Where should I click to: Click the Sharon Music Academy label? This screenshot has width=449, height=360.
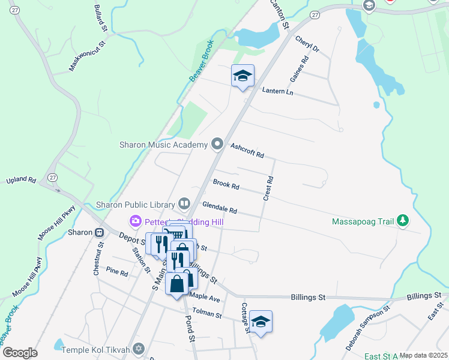[x=163, y=145]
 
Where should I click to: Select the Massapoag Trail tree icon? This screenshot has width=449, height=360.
[x=403, y=221]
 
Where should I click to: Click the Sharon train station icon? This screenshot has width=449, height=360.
[x=99, y=232]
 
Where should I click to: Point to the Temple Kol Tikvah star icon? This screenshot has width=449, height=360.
[x=139, y=349]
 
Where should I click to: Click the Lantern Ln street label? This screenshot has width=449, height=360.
[x=277, y=91]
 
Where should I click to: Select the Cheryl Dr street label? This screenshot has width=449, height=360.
[x=307, y=43]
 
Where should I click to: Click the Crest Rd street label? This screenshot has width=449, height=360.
[x=268, y=188]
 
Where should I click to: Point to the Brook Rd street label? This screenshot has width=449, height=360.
[x=226, y=185]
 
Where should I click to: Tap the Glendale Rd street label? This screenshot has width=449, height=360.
[x=220, y=208]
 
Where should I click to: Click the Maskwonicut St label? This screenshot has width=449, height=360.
[x=87, y=56]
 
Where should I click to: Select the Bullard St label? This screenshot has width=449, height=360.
[x=100, y=19]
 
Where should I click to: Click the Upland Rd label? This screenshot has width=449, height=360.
[x=22, y=179]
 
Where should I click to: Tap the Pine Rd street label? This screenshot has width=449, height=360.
[x=116, y=273]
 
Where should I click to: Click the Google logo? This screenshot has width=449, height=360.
[x=20, y=353]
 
